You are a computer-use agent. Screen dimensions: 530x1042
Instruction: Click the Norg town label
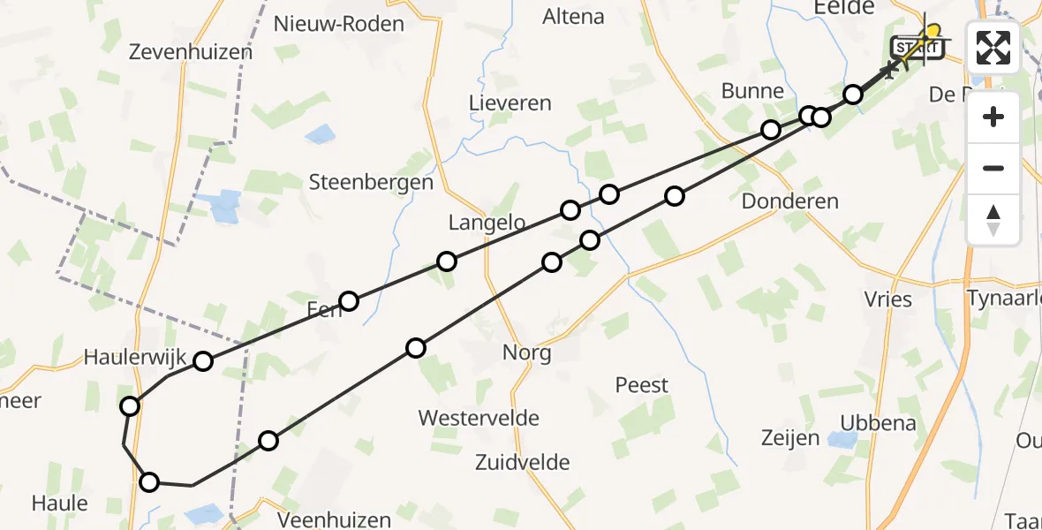[x=526, y=354]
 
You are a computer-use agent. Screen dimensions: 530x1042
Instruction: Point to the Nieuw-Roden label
[x=339, y=24]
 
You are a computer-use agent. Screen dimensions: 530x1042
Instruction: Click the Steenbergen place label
[x=371, y=183]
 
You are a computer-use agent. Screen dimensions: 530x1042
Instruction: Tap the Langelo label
[x=487, y=223]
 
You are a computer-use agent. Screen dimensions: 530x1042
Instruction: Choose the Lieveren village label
[x=510, y=102]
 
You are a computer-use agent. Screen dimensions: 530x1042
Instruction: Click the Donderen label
[x=789, y=201]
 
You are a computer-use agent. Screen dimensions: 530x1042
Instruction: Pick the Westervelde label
[x=479, y=418]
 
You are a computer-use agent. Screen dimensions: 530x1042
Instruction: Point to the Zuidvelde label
[x=522, y=462]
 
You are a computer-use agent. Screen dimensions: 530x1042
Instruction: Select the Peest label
[x=642, y=385]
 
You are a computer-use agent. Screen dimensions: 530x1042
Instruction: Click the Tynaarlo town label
[x=1005, y=299]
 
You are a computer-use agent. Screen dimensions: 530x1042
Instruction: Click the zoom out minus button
[x=993, y=168]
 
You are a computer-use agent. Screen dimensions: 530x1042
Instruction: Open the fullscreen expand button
[x=993, y=47]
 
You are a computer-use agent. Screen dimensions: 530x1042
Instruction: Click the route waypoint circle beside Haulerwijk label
[x=204, y=360]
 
